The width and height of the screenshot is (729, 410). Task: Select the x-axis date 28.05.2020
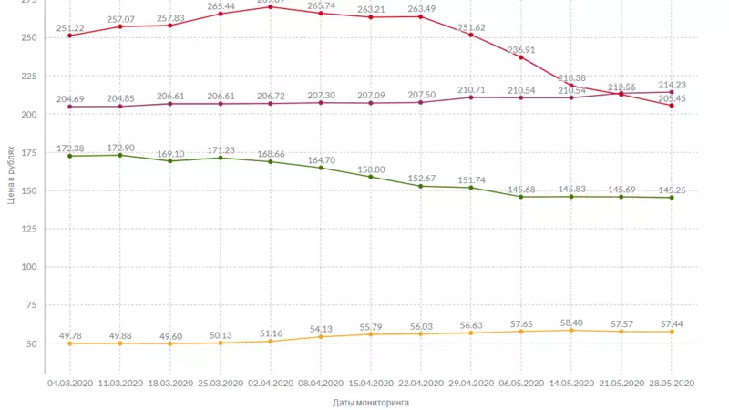(672, 384)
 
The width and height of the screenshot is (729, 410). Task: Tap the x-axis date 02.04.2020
(270, 384)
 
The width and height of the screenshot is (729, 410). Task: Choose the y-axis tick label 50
(30, 343)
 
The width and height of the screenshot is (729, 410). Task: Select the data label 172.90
(121, 147)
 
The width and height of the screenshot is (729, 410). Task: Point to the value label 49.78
(70, 335)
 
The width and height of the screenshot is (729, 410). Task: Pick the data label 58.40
(571, 323)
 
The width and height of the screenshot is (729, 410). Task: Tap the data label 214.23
(671, 84)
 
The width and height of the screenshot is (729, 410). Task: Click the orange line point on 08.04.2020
(321, 337)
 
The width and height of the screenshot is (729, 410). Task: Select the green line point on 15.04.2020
(371, 177)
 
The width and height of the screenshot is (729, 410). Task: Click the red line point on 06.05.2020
(521, 57)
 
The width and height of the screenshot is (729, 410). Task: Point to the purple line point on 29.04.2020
(471, 97)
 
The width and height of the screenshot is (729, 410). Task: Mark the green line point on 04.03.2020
(70, 156)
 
